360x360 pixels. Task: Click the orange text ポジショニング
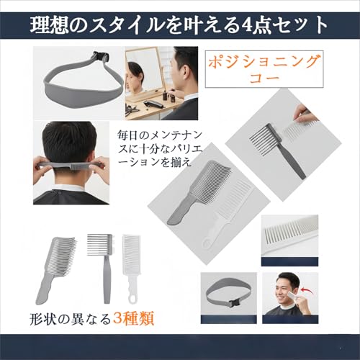[264, 61]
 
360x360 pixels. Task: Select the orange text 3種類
[133, 318]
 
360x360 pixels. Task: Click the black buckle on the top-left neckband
[101, 57]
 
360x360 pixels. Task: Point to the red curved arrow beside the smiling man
[308, 287]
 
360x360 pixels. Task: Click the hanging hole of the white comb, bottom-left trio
[131, 299]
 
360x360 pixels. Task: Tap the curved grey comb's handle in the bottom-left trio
[45, 289]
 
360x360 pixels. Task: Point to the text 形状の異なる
[70, 319]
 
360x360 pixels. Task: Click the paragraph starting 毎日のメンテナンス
[160, 148]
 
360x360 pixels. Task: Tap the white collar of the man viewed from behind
[70, 188]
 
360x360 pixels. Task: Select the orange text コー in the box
[264, 78]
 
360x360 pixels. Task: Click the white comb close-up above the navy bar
[289, 233]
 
